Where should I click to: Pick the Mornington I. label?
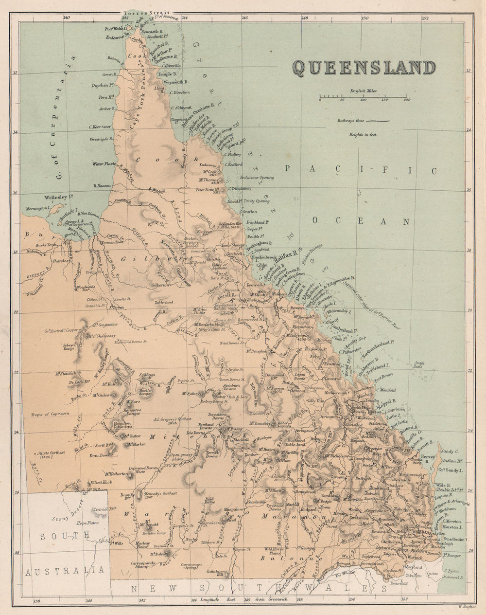click(x=35, y=208)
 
